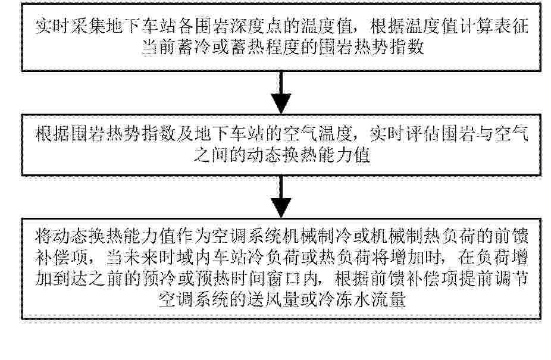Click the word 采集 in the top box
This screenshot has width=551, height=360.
click(88, 26)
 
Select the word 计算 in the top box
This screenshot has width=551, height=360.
click(475, 26)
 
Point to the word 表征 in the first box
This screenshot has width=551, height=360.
click(511, 26)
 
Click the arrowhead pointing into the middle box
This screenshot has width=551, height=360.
click(281, 104)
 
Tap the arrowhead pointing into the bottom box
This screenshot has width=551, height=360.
click(281, 208)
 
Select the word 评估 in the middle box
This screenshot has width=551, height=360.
click(422, 134)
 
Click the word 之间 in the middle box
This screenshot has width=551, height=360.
click(211, 155)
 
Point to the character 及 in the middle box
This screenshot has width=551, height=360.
click(185, 134)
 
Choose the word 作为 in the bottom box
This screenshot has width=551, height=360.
click(193, 237)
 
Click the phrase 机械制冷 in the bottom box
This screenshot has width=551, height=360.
click(317, 237)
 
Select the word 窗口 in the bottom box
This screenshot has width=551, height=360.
click(282, 279)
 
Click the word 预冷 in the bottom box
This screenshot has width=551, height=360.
click(158, 279)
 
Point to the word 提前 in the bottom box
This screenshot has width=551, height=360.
click(475, 279)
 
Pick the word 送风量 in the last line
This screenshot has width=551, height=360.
click(273, 300)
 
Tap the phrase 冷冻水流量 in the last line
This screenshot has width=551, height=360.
click(361, 300)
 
